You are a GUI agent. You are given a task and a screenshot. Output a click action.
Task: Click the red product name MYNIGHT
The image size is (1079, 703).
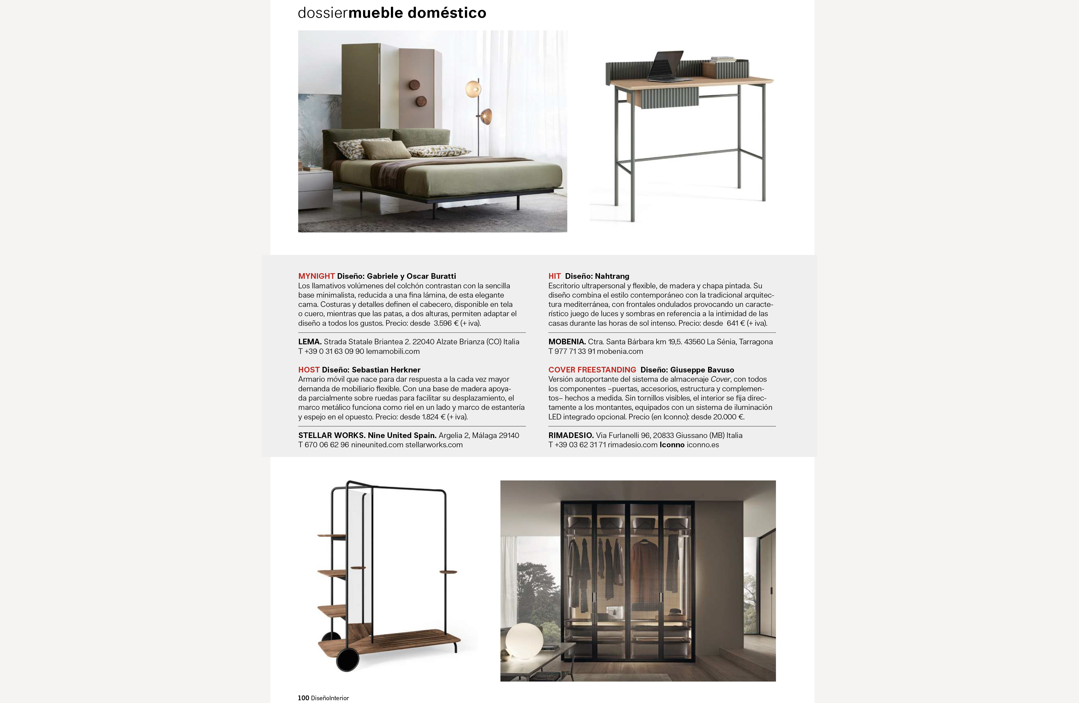coord(316,276)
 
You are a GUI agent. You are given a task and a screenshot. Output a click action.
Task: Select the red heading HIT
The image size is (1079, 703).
coord(554,276)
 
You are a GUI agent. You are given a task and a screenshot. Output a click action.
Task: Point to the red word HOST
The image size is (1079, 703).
coord(309,370)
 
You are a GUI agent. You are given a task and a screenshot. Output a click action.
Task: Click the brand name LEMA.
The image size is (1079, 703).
coord(310,342)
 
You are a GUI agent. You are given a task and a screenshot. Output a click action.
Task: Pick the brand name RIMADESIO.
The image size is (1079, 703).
coord(571,435)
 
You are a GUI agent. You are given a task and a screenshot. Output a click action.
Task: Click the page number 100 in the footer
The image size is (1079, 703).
coord(303,698)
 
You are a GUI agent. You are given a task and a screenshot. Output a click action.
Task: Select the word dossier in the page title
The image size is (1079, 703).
coord(322,13)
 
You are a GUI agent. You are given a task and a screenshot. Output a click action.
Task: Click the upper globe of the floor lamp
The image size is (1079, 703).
coord(473,88)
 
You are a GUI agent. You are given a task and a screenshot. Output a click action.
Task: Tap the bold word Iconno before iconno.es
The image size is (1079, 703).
coord(672,445)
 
